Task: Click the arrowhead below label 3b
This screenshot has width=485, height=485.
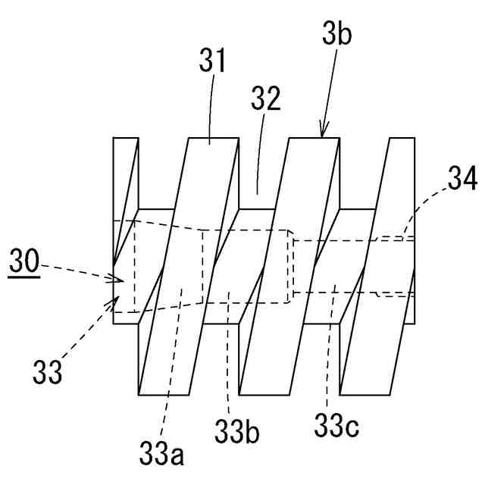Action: pos(324,133)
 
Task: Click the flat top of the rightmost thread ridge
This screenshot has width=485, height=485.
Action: pos(401,139)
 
